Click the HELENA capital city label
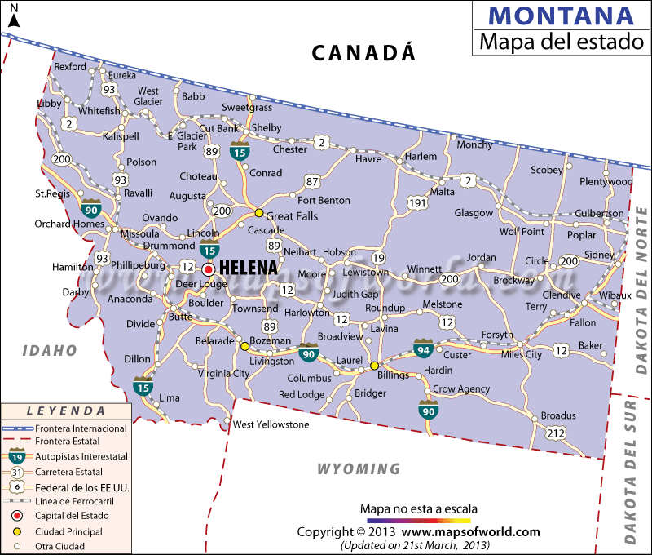[249, 268]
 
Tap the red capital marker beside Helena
[209, 269]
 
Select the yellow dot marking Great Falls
[259, 213]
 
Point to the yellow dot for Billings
[374, 366]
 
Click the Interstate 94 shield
[423, 349]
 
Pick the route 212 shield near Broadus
[555, 433]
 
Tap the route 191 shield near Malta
[418, 202]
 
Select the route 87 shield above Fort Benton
[312, 181]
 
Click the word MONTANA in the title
[562, 16]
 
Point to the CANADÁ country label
[363, 53]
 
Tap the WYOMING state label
[359, 469]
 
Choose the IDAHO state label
[49, 350]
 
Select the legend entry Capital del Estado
[71, 516]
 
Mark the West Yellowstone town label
[271, 424]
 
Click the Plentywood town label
[606, 181]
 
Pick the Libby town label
[50, 104]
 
